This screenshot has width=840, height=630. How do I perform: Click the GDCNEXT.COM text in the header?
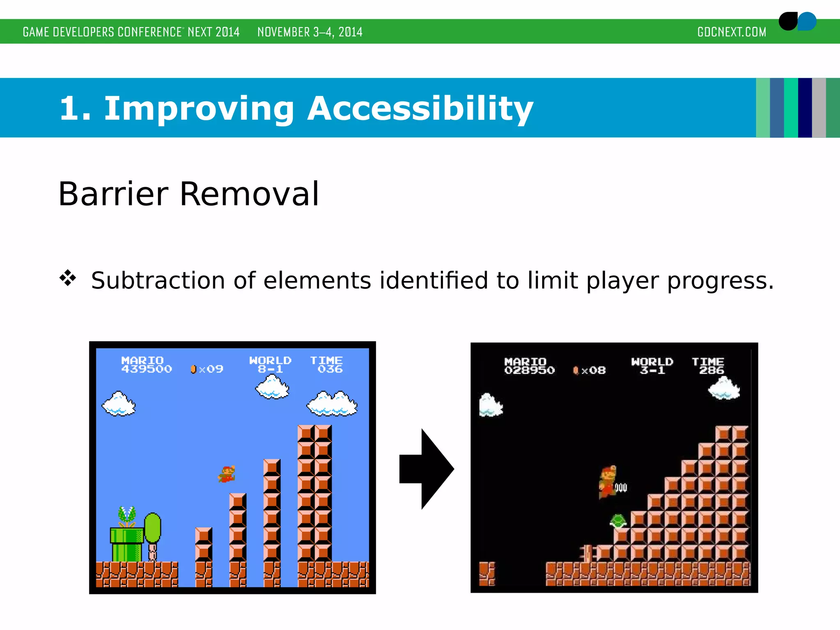point(732,32)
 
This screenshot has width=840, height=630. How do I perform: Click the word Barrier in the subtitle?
point(113,194)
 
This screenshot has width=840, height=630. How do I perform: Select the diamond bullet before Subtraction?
point(68,278)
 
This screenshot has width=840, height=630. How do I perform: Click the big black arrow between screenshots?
point(427,469)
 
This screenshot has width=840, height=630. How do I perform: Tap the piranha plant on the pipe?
point(127,517)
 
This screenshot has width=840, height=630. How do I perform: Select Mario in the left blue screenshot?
point(227,474)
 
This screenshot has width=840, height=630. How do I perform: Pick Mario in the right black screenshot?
point(607,482)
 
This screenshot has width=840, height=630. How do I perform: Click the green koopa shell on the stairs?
point(618,521)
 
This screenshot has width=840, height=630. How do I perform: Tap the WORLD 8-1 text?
point(270,365)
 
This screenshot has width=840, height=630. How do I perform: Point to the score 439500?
point(146,369)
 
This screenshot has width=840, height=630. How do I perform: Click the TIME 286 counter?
point(708,366)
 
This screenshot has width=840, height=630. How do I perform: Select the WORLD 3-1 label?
point(652,366)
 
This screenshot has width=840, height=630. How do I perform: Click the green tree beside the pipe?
point(153,529)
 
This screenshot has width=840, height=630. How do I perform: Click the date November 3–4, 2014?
point(310,32)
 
